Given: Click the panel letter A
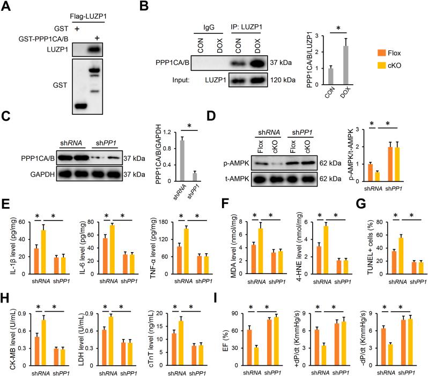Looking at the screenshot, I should [x=6, y=6].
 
